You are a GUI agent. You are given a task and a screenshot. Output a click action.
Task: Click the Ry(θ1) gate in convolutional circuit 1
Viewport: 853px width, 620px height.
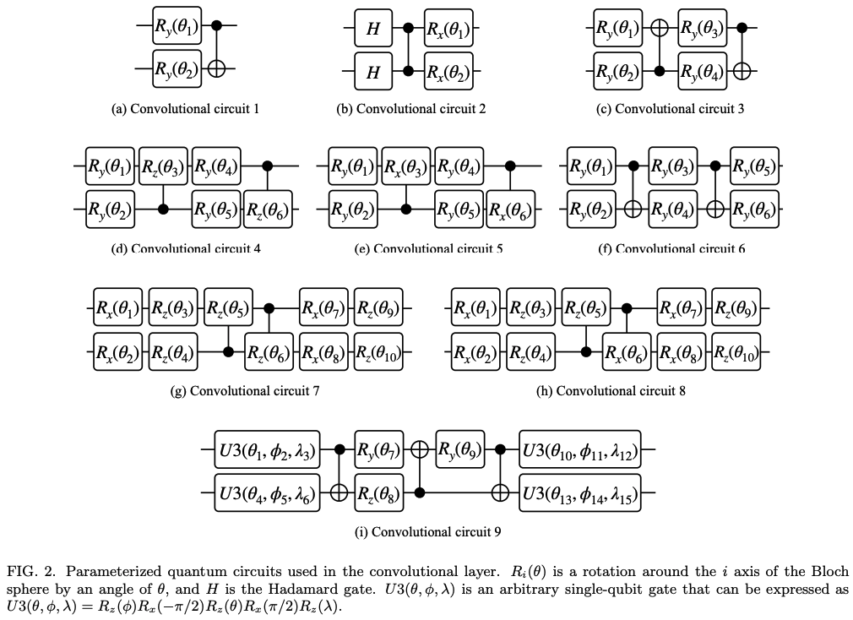pos(176,29)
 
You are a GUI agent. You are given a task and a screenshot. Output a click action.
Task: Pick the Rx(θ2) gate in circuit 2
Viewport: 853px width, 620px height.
pos(448,71)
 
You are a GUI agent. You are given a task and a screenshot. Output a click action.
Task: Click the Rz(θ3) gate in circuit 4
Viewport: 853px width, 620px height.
pos(163,166)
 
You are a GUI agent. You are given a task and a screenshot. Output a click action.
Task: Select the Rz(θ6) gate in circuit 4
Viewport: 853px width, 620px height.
pos(269,208)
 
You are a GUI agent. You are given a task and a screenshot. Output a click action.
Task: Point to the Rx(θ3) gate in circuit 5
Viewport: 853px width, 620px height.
pos(407,166)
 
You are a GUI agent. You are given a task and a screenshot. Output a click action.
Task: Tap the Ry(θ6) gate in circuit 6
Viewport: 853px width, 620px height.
pos(754,208)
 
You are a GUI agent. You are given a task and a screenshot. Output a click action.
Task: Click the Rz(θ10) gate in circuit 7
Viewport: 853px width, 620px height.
pos(379,351)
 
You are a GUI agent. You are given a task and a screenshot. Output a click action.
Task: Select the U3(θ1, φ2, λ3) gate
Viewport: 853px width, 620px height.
pos(267,451)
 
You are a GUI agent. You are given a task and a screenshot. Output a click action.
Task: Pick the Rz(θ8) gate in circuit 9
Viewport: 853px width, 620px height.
pos(379,492)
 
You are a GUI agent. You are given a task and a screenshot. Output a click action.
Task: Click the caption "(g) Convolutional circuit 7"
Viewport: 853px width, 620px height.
pos(245,391)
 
